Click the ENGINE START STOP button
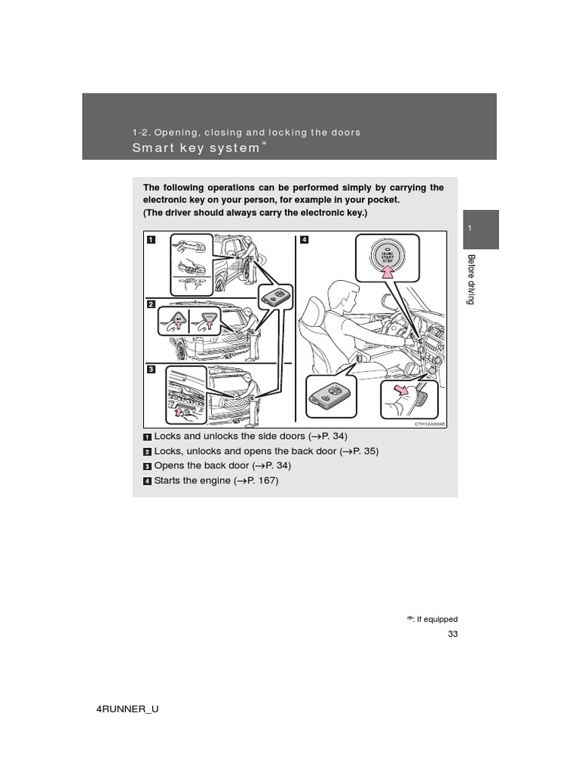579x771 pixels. tap(384, 256)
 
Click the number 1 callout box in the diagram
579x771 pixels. tap(151, 240)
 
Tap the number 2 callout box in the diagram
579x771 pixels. tap(151, 304)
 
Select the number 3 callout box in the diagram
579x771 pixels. tap(151, 369)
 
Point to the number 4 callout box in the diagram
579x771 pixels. tap(305, 240)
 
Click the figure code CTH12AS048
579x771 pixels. tap(429, 424)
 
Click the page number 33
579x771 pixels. tap(452, 634)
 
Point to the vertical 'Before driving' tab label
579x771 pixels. tap(471, 279)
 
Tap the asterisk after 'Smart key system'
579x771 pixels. tap(264, 143)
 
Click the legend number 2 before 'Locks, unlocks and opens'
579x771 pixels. tap(147, 452)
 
